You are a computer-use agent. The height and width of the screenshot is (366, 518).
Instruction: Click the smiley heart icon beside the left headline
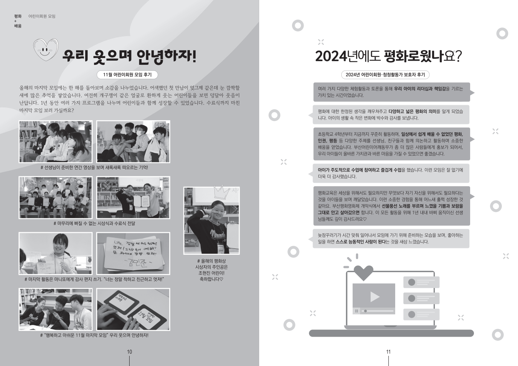coord(46,49)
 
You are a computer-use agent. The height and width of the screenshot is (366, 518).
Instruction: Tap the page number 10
coord(130,352)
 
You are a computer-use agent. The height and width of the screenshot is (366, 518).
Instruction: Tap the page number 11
coord(388,352)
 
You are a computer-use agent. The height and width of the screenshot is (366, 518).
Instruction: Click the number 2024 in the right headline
coord(331,57)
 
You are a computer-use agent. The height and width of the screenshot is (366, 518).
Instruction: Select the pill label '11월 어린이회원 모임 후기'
coord(127,75)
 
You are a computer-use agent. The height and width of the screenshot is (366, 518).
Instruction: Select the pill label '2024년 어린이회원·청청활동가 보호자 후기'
coord(385,75)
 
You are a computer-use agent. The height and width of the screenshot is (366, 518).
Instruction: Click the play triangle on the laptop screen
coord(374,297)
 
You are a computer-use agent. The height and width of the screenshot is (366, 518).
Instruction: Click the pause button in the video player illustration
coord(357,311)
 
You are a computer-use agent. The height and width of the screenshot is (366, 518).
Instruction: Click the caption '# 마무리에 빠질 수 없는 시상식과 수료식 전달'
coord(94,224)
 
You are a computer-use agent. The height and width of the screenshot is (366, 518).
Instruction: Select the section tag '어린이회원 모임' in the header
coord(42,16)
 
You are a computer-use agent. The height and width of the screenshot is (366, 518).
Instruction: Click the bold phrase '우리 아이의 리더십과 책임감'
coord(420,89)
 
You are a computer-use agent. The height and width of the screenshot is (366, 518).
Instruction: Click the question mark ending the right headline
coord(458,57)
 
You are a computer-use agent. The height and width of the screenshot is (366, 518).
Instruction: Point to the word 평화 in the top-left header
coord(18,16)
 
